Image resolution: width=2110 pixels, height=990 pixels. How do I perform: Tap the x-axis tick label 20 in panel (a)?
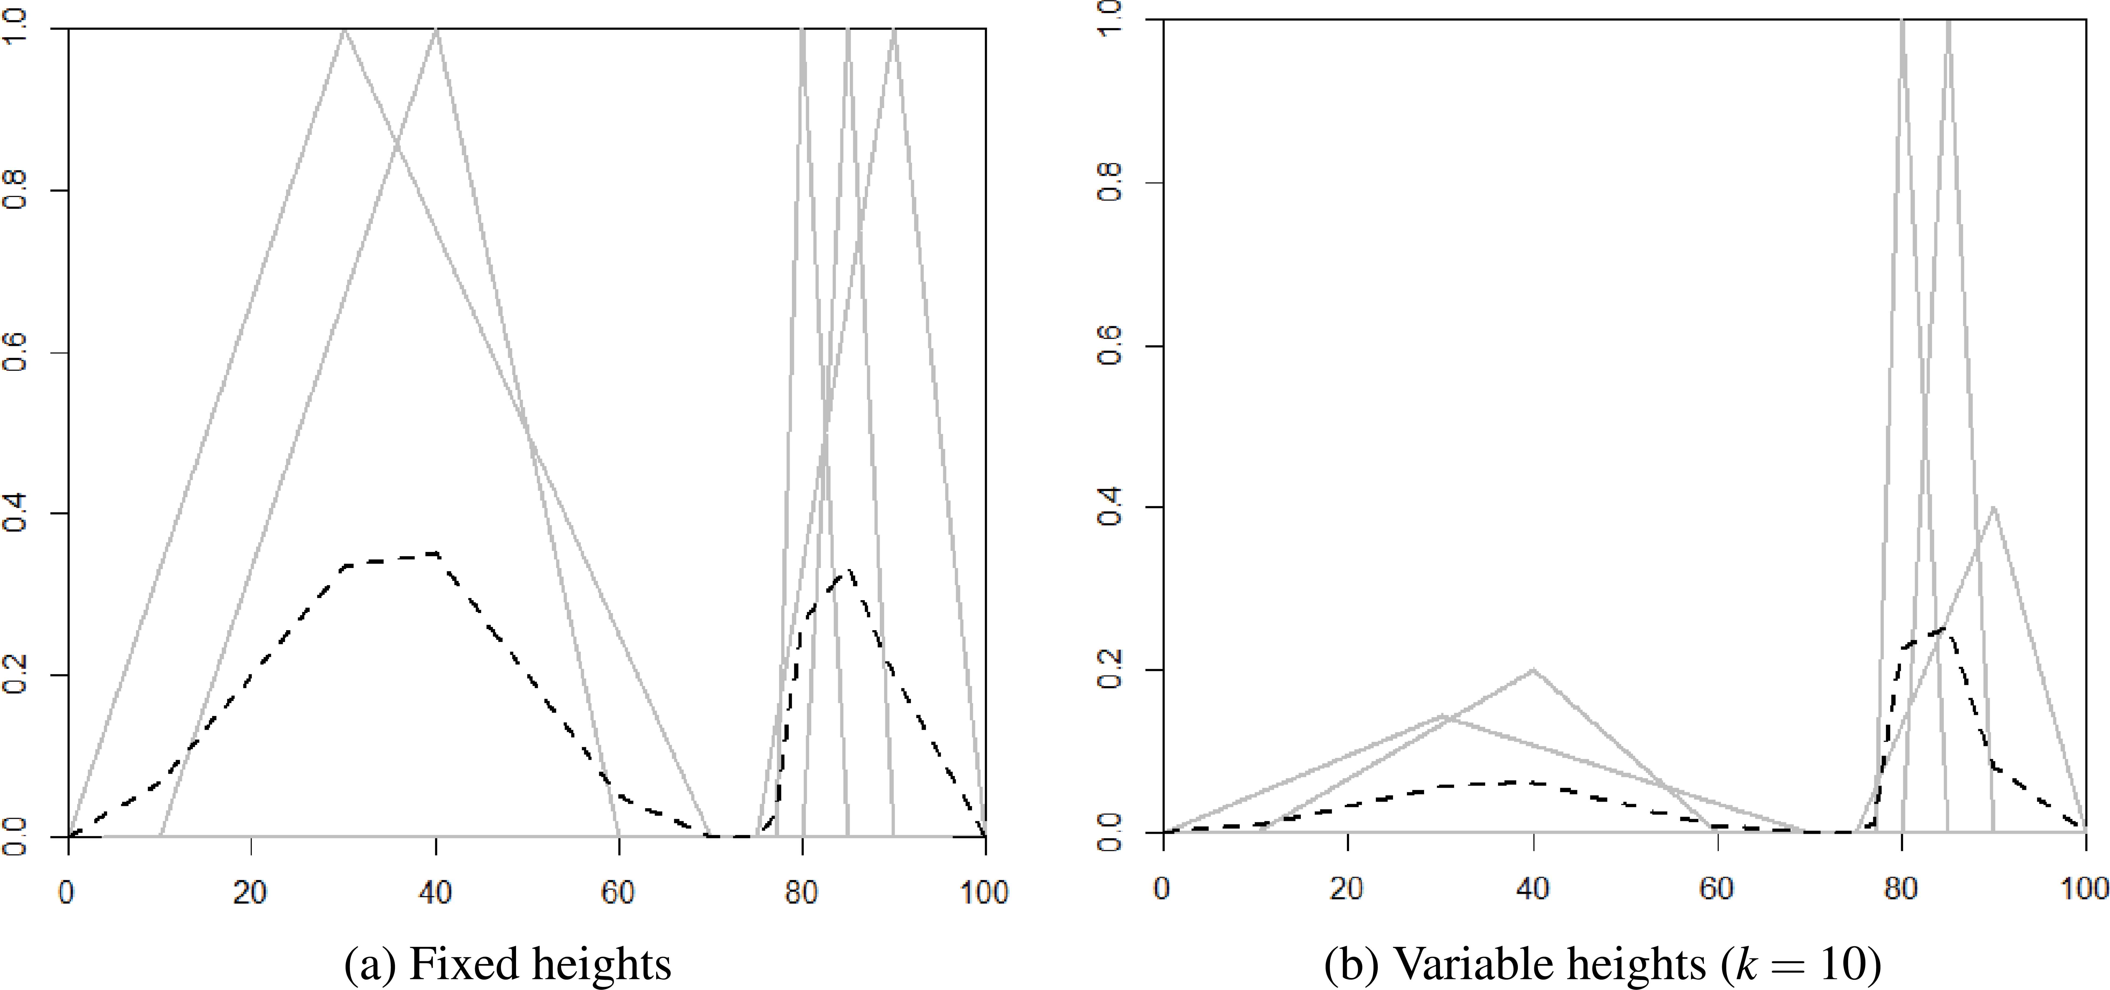pyautogui.click(x=251, y=892)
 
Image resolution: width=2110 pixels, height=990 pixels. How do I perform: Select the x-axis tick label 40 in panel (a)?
pyautogui.click(x=435, y=892)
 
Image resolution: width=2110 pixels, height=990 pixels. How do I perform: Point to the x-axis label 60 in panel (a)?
pyautogui.click(x=618, y=892)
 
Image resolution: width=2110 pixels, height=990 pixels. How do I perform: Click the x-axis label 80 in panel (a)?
pyautogui.click(x=802, y=892)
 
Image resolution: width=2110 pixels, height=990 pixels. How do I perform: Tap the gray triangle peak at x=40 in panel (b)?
pyautogui.click(x=1533, y=670)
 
